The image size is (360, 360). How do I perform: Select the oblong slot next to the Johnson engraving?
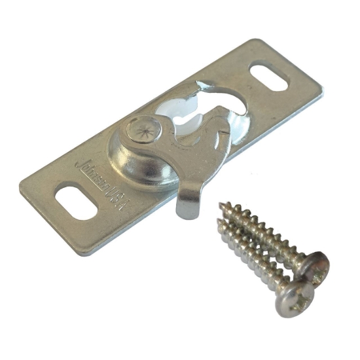pyautogui.click(x=67, y=195)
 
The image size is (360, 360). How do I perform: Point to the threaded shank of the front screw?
pyautogui.click(x=252, y=259)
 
